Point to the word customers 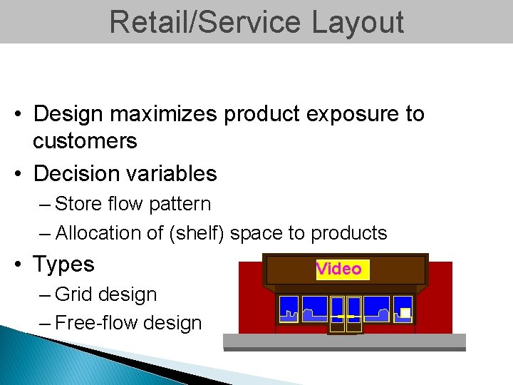click(85, 141)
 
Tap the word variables click(174, 173)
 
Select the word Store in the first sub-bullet click(78, 204)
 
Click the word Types click(63, 265)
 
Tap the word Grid click(74, 294)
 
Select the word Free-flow click(96, 323)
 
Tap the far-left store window click(289, 309)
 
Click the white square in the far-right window click(405, 313)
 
